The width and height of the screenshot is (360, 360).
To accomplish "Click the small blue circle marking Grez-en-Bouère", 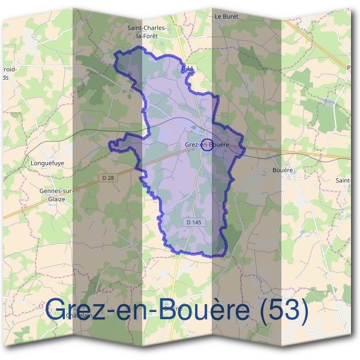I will click(206, 144).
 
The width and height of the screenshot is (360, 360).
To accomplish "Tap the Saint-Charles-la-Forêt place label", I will click(147, 32).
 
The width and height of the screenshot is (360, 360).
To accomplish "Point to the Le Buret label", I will click(226, 17).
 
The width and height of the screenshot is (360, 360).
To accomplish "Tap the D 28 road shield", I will click(109, 178).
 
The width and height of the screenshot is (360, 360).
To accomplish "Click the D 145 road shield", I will click(194, 222).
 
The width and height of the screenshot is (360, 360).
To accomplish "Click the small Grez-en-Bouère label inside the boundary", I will click(207, 145).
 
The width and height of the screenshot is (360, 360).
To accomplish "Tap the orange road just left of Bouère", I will click(264, 151).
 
